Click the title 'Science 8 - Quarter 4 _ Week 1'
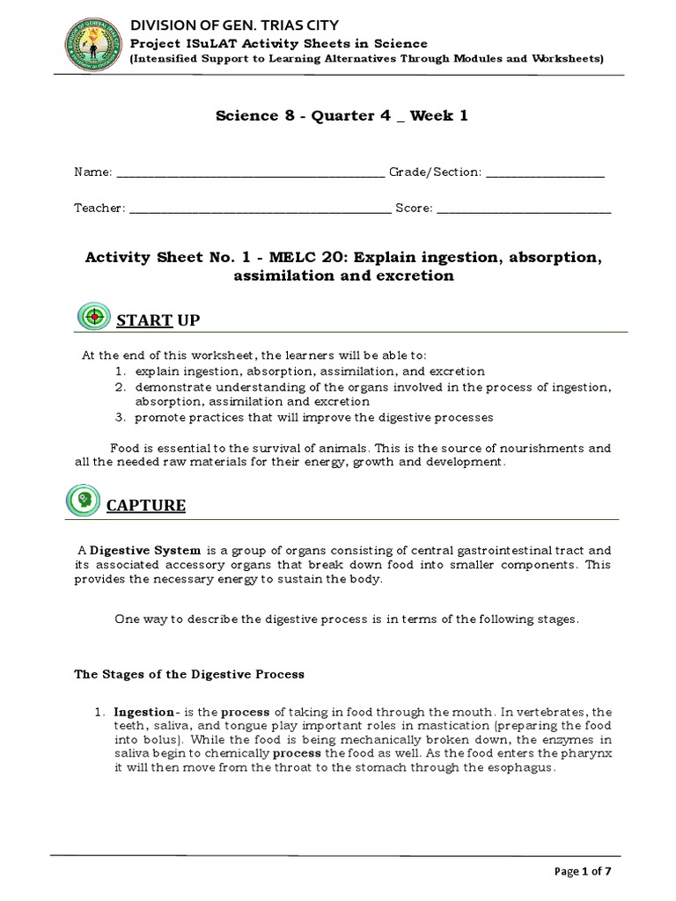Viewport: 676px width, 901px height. pyautogui.click(x=342, y=118)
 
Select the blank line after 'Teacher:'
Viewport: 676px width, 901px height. pyautogui.click(x=260, y=209)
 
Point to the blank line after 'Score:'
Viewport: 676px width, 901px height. pyautogui.click(x=524, y=209)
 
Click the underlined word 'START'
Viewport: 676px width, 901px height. pyautogui.click(x=145, y=321)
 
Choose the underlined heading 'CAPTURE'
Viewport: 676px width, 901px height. pyautogui.click(x=146, y=505)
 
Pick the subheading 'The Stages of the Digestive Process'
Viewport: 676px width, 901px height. pyautogui.click(x=188, y=674)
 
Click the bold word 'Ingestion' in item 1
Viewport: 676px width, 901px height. pyautogui.click(x=143, y=711)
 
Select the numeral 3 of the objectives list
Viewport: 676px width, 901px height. pyautogui.click(x=118, y=416)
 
